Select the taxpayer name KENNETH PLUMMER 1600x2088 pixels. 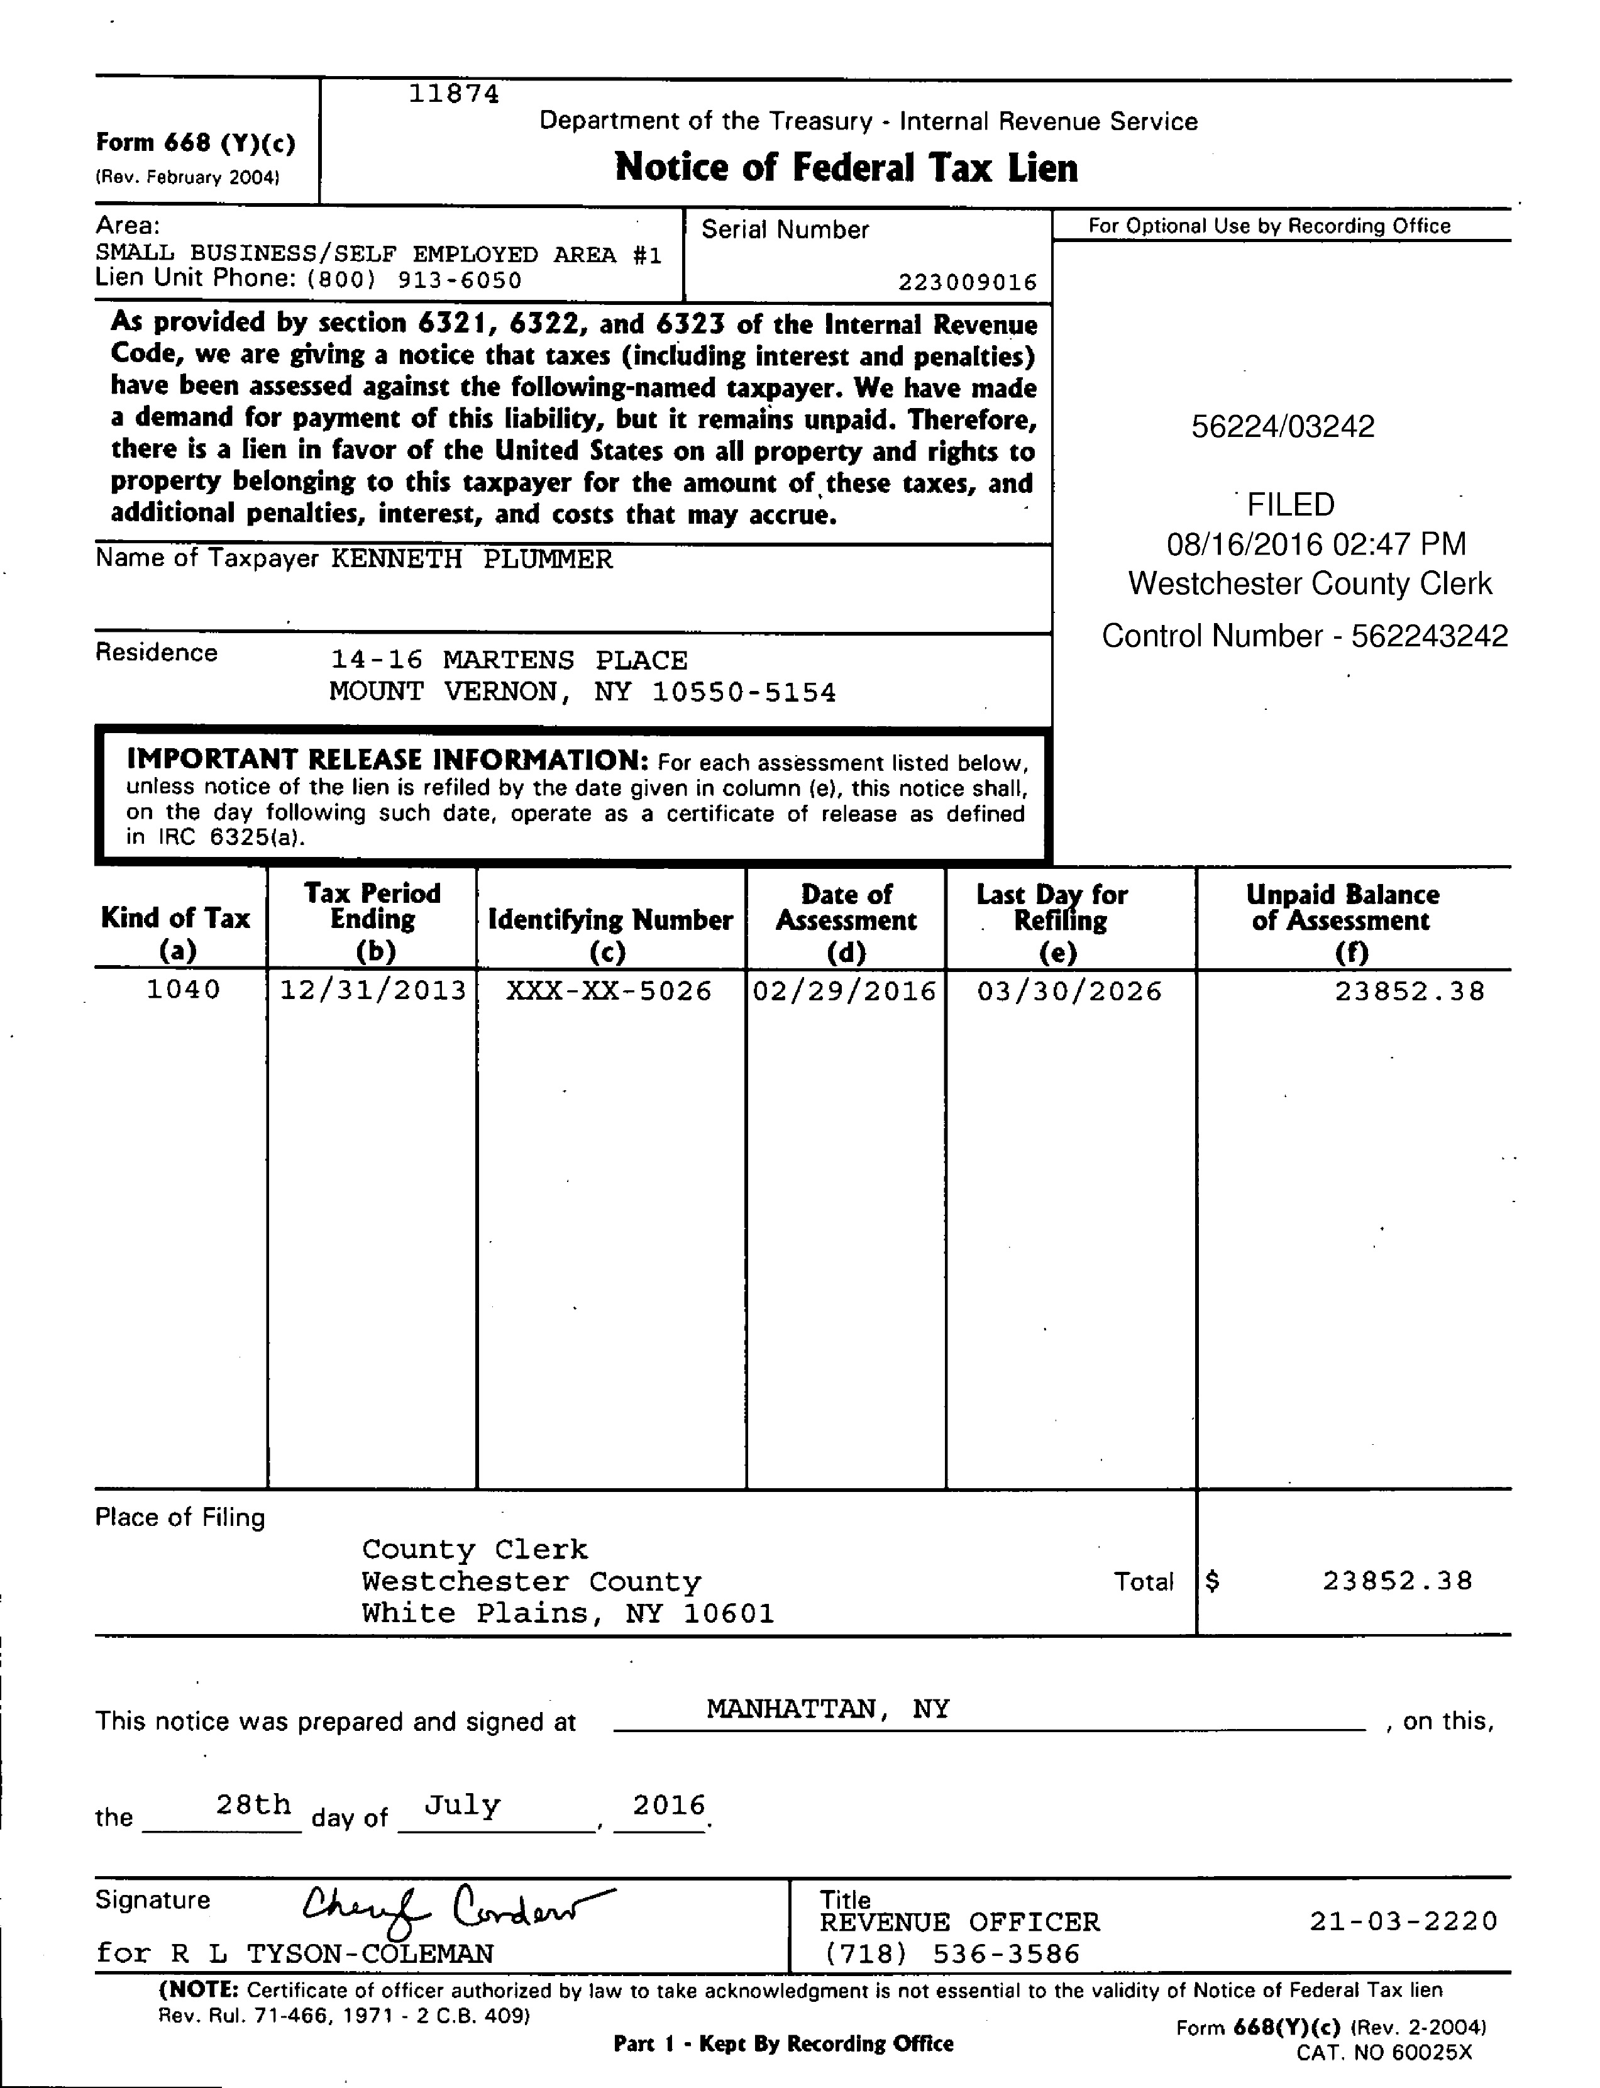(x=472, y=559)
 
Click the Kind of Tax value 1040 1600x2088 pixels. (x=183, y=990)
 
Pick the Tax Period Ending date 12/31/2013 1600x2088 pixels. (x=372, y=991)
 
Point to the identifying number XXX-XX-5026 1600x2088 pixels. (x=609, y=991)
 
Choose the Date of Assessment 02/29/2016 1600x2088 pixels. (x=845, y=992)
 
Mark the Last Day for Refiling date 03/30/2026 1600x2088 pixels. (x=1069, y=992)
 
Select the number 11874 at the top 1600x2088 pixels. (x=453, y=93)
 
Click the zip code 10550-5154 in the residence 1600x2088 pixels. (x=744, y=692)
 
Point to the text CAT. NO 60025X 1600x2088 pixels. (x=1383, y=2052)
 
